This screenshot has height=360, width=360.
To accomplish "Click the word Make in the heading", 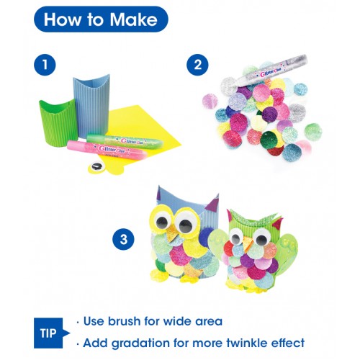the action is click(x=133, y=19).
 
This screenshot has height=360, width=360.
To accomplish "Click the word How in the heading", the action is click(x=62, y=19).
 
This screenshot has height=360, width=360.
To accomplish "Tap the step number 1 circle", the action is click(x=45, y=65).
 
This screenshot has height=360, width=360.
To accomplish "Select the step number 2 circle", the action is click(x=197, y=65).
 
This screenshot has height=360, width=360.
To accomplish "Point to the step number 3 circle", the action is click(x=123, y=239).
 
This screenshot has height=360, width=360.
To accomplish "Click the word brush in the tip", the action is click(x=125, y=321).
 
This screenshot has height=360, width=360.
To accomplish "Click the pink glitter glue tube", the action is click(x=107, y=150).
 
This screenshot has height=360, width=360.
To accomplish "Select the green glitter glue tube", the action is click(x=125, y=140).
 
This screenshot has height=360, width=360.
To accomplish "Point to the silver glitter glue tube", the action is click(x=271, y=70).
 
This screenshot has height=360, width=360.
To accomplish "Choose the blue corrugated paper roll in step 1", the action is click(x=91, y=106).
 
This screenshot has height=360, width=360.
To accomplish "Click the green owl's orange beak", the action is click(x=248, y=243).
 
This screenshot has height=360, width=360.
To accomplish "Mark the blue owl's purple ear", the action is click(x=213, y=203).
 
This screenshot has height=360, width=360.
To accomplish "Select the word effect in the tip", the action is click(x=288, y=343).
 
